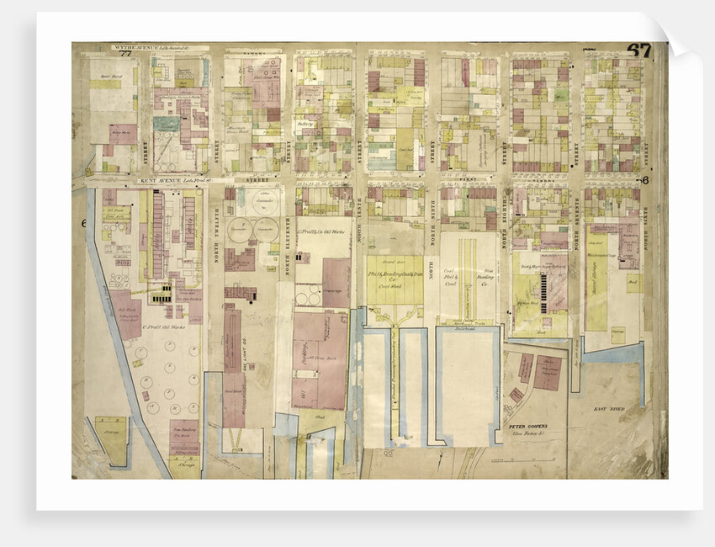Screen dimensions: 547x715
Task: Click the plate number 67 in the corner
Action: coord(638,50)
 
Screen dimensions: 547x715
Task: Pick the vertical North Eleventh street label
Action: coord(288,244)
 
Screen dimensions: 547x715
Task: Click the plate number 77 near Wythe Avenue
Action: coord(126,56)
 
